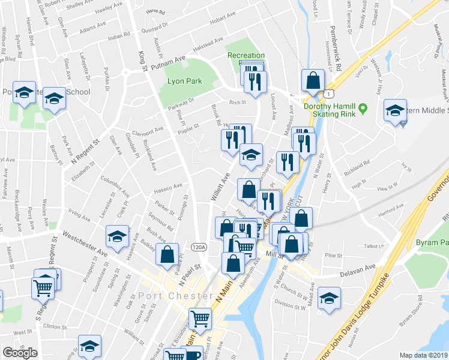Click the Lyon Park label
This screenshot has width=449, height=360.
coord(184,81)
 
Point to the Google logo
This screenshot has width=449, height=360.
coord(20,353)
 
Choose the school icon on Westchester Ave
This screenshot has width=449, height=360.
coord(118,235)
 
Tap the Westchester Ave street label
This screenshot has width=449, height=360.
coord(84,244)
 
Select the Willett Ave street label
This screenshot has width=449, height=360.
coord(220,187)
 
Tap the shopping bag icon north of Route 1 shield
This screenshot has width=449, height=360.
coord(313,79)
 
